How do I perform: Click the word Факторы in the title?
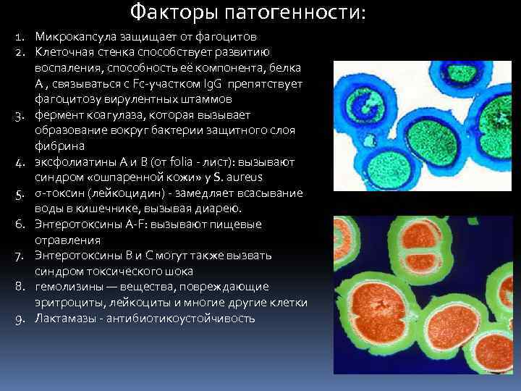point(165,13)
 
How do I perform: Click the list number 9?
point(20,319)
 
